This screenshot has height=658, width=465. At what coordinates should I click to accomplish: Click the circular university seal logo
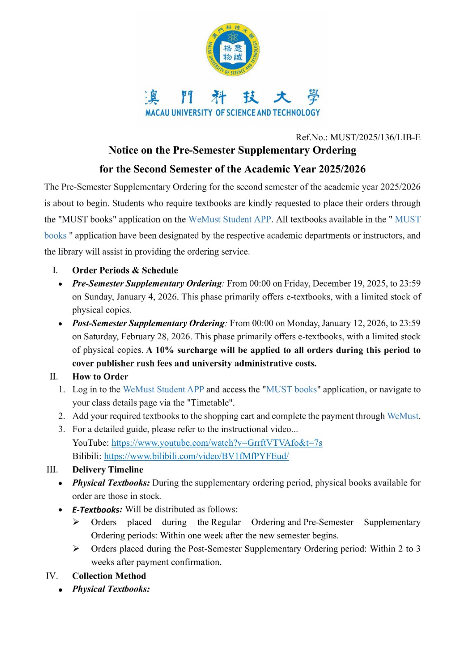tap(232, 50)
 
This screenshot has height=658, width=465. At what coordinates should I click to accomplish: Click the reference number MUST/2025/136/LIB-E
tap(375, 137)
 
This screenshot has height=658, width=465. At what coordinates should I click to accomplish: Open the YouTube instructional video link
tap(217, 443)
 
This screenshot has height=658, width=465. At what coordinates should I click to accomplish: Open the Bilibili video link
tap(196, 456)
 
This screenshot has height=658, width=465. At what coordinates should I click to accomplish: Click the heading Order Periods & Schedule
tap(125, 270)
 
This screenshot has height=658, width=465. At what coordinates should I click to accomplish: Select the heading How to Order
tap(100, 376)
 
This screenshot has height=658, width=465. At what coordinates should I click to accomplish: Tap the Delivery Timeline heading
tap(108, 470)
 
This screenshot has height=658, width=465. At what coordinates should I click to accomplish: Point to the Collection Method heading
tap(109, 576)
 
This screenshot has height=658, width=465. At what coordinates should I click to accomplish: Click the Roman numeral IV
tap(52, 576)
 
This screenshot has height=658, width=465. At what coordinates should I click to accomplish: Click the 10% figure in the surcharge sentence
tap(165, 350)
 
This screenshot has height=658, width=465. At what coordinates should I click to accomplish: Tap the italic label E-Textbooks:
tap(97, 510)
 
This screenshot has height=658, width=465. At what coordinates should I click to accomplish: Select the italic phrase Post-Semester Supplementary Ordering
tap(149, 323)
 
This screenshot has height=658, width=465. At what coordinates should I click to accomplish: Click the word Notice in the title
tap(123, 150)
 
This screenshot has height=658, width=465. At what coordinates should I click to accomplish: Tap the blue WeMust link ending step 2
tap(403, 416)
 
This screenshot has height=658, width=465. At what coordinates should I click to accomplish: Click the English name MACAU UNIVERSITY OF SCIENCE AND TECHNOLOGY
tap(232, 113)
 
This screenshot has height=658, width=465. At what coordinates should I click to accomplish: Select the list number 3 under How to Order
tap(61, 429)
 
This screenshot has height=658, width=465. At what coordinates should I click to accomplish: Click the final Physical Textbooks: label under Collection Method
tap(111, 589)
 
